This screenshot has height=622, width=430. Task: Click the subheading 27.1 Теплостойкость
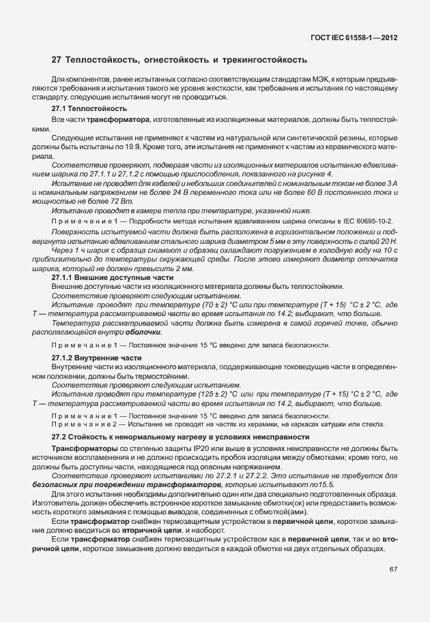pyautogui.click(x=84, y=108)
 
